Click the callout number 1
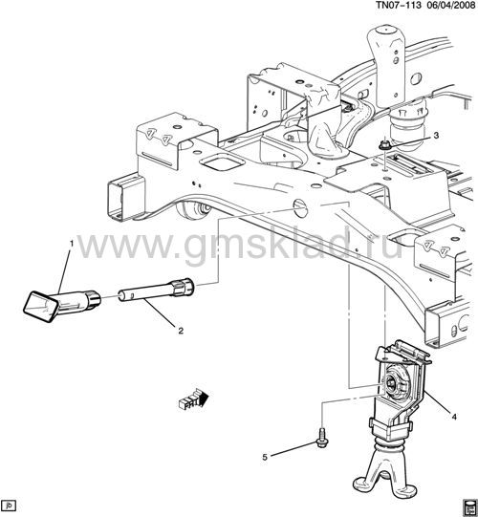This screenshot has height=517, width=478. (71, 244)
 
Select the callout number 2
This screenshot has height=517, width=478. (181, 331)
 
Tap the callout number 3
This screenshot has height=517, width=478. (436, 135)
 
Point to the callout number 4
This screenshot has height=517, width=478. (454, 417)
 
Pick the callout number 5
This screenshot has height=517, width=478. (265, 458)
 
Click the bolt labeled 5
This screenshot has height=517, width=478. (321, 438)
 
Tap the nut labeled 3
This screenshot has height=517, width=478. (383, 144)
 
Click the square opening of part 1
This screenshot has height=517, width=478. (41, 307)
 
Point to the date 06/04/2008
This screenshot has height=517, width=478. (450, 6)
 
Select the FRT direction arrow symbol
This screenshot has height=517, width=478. (194, 399)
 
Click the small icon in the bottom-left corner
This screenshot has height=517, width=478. (10, 506)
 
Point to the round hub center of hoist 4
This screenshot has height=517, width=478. (392, 383)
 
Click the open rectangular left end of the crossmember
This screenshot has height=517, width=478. (125, 197)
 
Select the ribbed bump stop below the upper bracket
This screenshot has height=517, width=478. (408, 119)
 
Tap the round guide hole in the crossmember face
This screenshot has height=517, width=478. (300, 208)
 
